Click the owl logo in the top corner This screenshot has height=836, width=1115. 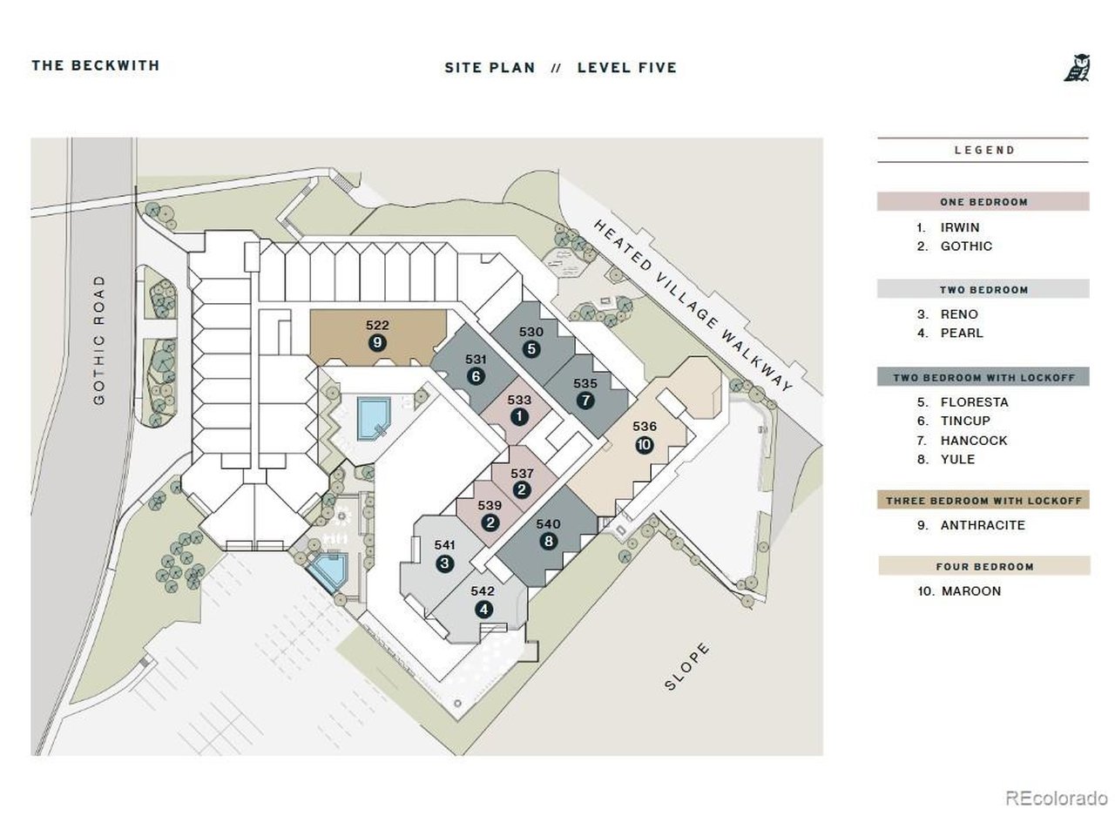click(1077, 68)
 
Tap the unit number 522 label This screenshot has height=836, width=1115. click(377, 326)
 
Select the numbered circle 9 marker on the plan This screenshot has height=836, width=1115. click(377, 343)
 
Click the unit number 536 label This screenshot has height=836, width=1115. click(644, 427)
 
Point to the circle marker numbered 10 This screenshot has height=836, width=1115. click(644, 445)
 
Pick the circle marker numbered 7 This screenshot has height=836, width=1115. click(585, 401)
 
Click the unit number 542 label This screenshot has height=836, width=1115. click(483, 591)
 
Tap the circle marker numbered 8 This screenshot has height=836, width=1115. click(548, 541)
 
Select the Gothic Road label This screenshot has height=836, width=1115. click(98, 340)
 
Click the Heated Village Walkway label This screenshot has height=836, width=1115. click(693, 306)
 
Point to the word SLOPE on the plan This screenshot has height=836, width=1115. click(686, 666)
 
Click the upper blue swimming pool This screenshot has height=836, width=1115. click(373, 418)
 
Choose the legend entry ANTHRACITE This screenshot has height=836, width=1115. click(983, 525)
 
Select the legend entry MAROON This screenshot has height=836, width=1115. click(970, 591)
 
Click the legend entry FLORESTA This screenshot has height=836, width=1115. click(974, 402)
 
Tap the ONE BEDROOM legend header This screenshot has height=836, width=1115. click(983, 201)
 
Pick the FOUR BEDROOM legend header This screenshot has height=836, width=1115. click(984, 566)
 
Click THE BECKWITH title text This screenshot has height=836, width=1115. click(96, 65)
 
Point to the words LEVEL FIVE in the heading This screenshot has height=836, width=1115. click(627, 68)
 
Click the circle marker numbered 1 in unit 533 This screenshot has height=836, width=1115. click(518, 417)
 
